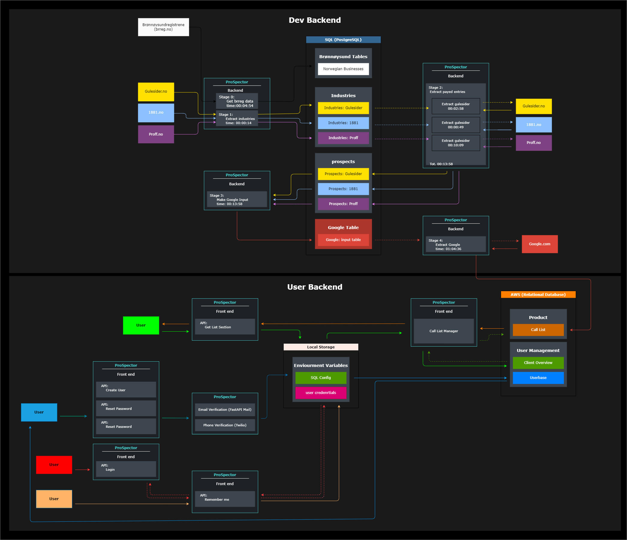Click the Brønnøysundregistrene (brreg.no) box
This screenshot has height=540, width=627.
pos(163,27)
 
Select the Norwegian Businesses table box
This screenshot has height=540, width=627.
pos(343,69)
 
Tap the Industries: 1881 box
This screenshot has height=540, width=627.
pos(343,123)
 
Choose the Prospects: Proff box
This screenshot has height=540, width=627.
pos(343,204)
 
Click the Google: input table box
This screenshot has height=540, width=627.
pos(343,240)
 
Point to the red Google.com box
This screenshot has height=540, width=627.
pos(539,244)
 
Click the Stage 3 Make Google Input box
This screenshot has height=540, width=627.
pos(237,200)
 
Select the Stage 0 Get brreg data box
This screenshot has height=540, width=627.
pos(237,101)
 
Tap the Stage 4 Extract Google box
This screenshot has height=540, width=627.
pos(455,244)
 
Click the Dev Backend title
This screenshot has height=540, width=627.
pos(315,20)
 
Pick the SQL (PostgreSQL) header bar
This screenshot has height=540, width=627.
pos(343,40)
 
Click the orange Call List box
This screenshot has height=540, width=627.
pos(538,330)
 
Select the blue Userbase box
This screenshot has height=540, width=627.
pos(538,378)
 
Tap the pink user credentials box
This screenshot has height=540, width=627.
pos(321,393)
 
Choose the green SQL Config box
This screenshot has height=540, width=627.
pos(321,378)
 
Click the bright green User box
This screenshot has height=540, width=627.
pos(141,325)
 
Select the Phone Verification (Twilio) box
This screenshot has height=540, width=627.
pos(225,425)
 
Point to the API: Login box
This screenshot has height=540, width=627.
pos(126,469)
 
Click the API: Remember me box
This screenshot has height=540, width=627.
pos(225,499)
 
